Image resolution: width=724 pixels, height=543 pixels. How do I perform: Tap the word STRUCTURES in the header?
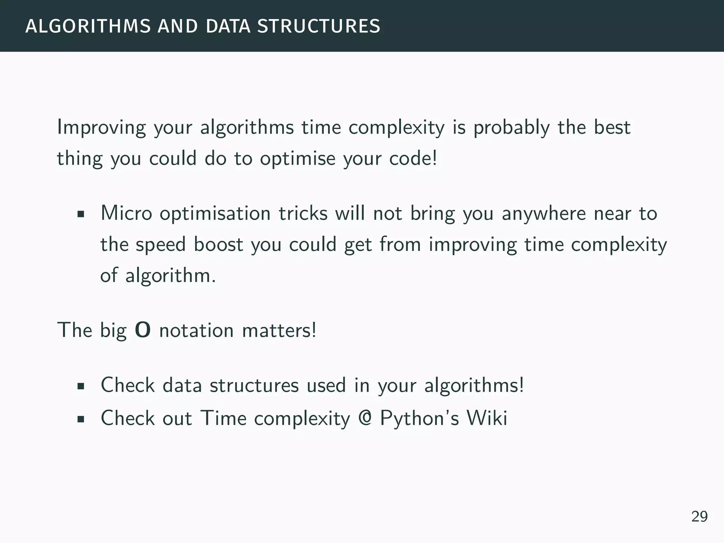319,27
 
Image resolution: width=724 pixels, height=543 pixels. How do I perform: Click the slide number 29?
699,516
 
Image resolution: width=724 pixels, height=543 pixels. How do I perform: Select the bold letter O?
143,330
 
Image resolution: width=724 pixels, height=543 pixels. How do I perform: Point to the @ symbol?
365,418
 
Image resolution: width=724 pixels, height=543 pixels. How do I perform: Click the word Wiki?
487,418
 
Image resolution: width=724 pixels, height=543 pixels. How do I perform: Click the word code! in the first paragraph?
413,158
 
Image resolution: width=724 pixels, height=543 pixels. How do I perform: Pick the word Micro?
126,213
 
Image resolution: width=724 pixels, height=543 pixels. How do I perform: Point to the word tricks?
303,213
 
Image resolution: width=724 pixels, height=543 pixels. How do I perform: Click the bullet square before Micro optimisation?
81,214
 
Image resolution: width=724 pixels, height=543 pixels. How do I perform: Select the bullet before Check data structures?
81,386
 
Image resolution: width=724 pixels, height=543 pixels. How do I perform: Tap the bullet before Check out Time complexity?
81,419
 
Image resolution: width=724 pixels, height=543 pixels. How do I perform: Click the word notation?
196,331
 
